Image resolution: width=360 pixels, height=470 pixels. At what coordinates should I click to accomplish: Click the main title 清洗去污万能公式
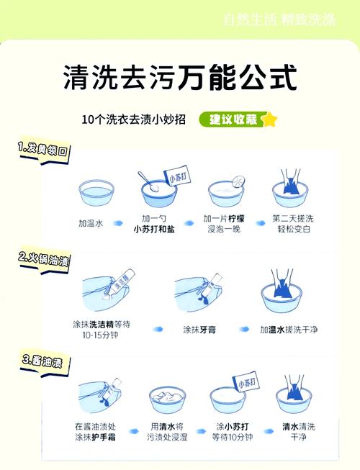point(179,78)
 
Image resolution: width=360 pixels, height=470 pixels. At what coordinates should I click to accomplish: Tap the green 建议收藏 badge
point(232,119)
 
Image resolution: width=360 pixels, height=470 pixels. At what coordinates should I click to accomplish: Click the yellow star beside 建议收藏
point(269,119)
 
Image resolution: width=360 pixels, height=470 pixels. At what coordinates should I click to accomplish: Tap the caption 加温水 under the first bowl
point(91,224)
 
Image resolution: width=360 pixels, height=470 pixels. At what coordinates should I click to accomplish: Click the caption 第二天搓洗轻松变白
point(293,224)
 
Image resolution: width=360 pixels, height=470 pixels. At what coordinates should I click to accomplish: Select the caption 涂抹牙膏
point(199,330)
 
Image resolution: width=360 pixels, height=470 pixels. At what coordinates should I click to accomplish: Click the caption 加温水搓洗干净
point(289,330)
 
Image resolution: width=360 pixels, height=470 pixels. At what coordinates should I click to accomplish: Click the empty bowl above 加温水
point(98,191)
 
